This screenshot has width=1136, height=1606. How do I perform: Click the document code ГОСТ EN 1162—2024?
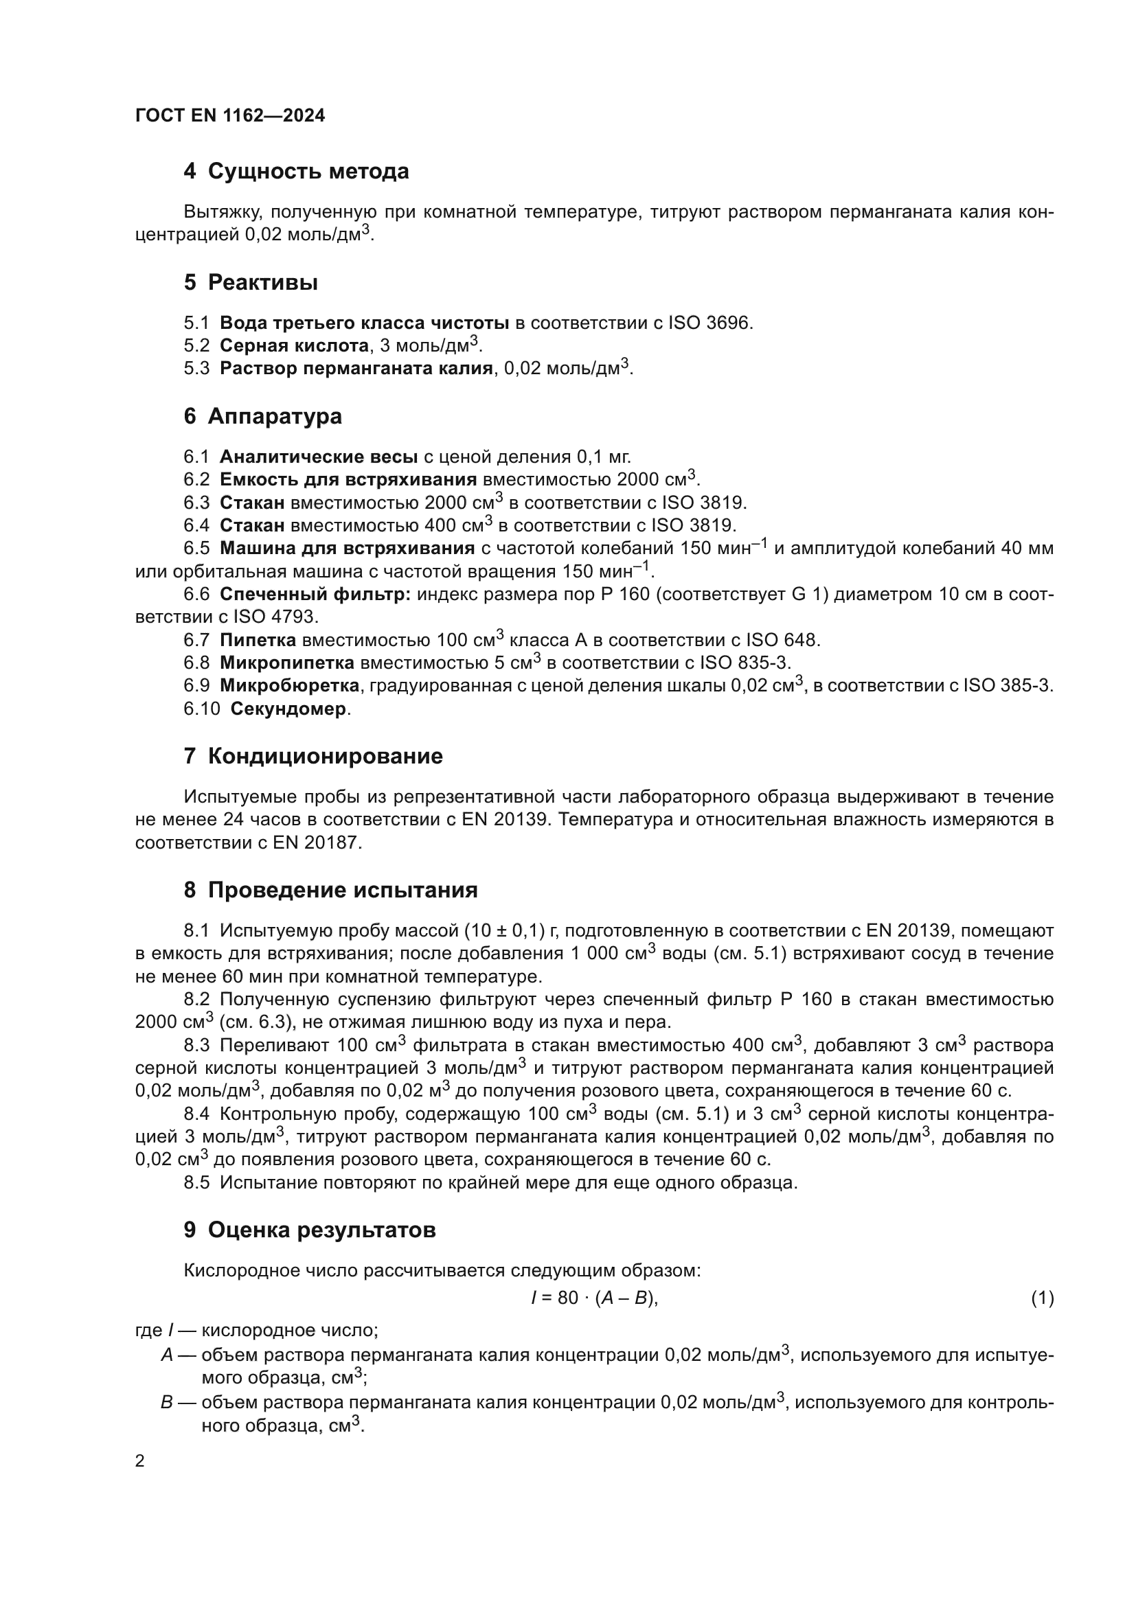click(x=230, y=116)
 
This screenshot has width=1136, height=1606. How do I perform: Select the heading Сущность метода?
click(x=308, y=172)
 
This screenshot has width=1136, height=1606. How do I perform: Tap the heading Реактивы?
click(x=262, y=283)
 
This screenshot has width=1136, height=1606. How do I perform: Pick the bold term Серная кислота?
click(x=294, y=345)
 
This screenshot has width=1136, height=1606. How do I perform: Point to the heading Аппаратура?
click(x=274, y=416)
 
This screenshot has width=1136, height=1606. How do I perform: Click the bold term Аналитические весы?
click(x=318, y=457)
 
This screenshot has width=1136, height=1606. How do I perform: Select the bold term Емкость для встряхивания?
click(x=348, y=480)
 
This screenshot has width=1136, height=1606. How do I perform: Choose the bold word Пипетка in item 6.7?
click(x=258, y=640)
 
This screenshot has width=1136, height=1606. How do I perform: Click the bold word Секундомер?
click(x=288, y=709)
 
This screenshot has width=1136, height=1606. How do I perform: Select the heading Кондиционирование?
click(x=326, y=756)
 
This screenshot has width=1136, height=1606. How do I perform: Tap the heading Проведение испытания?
click(x=343, y=891)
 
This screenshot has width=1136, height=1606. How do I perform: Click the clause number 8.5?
click(x=196, y=1183)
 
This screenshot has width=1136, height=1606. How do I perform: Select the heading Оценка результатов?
click(x=321, y=1230)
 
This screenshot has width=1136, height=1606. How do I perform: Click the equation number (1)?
click(x=1042, y=1298)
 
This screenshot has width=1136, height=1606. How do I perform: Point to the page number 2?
click(x=140, y=1461)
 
